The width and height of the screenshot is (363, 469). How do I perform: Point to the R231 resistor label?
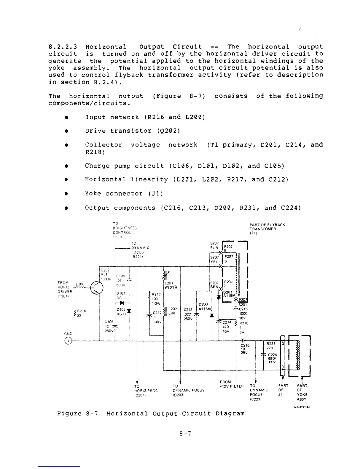[271, 344]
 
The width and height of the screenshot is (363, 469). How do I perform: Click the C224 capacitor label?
[272, 355]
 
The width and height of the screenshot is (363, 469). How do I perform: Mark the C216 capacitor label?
[245, 345]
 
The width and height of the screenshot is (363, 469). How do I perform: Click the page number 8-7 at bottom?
[185, 434]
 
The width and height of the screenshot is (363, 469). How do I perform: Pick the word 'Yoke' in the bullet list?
[95, 194]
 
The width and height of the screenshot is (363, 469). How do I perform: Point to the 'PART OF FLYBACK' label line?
[267, 225]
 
